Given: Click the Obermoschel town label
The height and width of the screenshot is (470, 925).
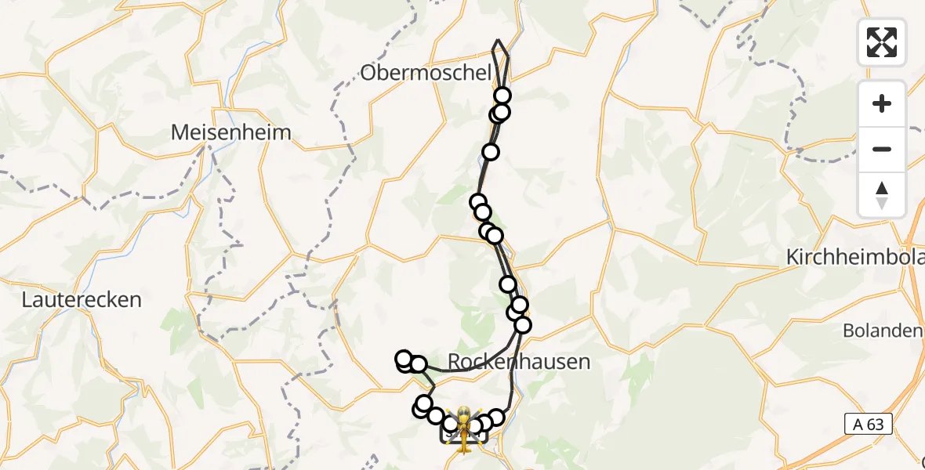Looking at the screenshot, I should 426,73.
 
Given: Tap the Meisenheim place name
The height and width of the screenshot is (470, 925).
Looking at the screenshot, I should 231,132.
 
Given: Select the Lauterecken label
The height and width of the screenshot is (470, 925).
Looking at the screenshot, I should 82,299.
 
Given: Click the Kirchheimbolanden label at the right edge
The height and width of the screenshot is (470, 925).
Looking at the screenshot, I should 855,257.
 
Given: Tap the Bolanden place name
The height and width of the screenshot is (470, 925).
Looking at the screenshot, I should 883,331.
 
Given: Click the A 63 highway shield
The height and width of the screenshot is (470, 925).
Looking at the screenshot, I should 868,425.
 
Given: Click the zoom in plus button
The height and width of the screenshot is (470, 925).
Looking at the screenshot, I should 882,103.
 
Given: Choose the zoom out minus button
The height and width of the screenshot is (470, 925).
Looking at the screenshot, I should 882,149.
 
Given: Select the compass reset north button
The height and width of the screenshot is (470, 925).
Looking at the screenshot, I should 882,194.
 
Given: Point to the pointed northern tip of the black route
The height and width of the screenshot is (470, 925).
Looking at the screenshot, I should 498,40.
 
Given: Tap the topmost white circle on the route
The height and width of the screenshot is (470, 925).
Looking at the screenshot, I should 502,96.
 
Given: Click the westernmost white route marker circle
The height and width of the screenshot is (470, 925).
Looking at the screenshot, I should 404,360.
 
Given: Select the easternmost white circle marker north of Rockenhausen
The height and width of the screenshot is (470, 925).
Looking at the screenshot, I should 523,324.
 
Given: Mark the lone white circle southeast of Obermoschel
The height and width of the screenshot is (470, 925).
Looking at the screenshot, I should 491,152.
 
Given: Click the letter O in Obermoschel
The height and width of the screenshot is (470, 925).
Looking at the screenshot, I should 368,73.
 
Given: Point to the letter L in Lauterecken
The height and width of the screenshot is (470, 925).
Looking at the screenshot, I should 27,299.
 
